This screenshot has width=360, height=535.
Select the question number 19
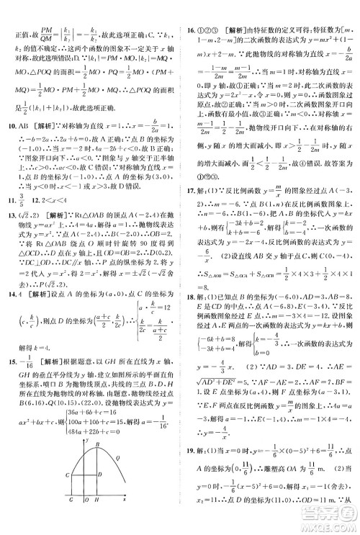coord(189,465)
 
